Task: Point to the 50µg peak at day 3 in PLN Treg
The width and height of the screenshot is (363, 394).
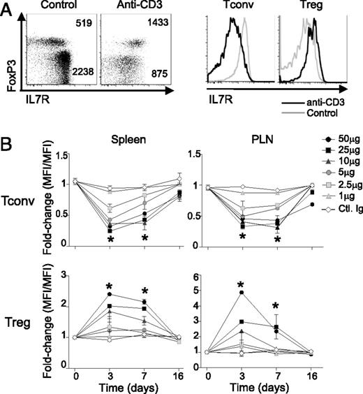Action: [x=242, y=293]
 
